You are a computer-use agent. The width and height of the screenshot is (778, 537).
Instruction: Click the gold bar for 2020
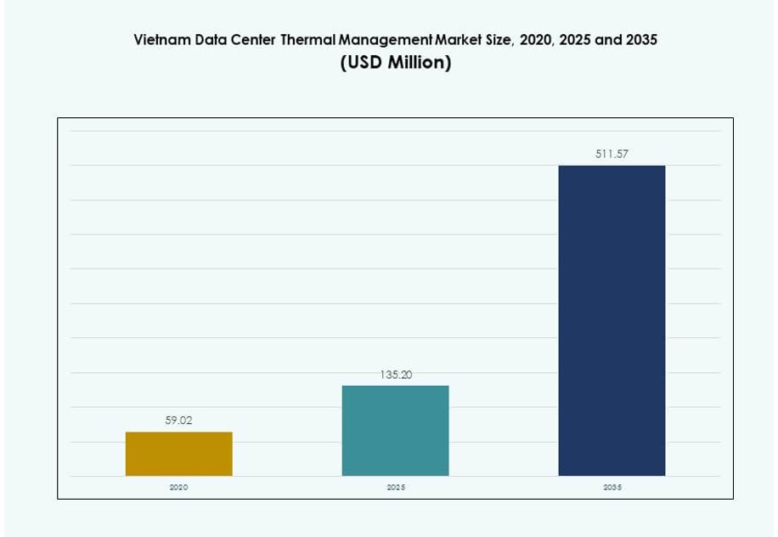178,454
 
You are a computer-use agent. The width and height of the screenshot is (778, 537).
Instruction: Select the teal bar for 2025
395,431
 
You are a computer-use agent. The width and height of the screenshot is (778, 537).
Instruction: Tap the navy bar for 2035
612,320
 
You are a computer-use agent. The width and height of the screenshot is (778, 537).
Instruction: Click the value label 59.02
178,420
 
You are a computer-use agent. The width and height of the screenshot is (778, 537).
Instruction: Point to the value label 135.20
396,374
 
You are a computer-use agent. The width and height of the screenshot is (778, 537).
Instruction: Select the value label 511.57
612,154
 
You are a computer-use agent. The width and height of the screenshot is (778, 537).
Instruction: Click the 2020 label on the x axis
178,488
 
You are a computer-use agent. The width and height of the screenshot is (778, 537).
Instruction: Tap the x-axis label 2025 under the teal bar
396,488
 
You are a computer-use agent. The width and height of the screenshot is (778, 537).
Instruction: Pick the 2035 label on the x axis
612,488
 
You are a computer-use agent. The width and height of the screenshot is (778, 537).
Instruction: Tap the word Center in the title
252,40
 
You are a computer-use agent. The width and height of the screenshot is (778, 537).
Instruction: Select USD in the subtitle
363,63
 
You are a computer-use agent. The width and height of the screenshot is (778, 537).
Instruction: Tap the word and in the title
608,40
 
